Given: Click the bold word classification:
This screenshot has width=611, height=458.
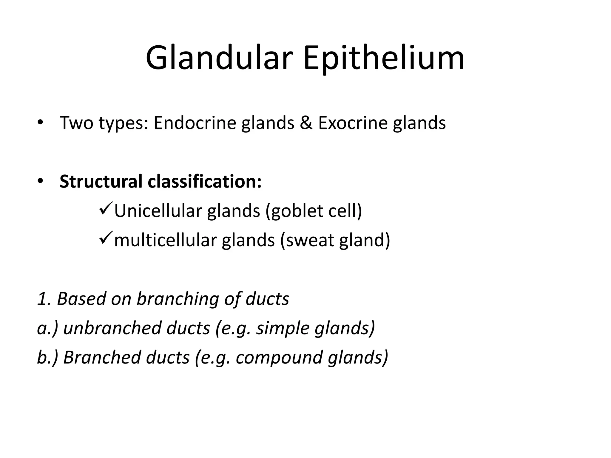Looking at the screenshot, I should point(205,182).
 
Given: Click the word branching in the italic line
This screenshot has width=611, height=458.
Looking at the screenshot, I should point(178,298).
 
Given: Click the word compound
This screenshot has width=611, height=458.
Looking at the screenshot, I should point(279,357).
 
